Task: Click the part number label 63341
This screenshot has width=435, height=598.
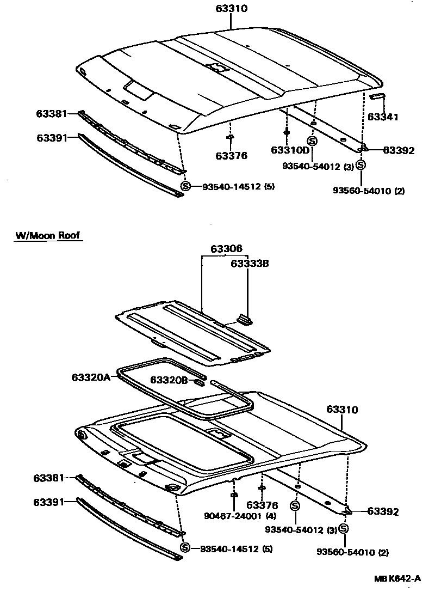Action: [383, 117]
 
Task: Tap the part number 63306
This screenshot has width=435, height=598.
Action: [226, 249]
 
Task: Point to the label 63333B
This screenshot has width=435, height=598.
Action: [250, 264]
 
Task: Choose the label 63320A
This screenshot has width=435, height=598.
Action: [91, 377]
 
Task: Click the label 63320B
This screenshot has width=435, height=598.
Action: [169, 380]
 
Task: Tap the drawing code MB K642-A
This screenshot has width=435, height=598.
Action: [397, 579]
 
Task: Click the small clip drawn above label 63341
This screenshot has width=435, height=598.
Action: [377, 96]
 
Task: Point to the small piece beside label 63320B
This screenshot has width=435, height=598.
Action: [199, 382]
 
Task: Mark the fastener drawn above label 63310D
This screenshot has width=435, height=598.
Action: [286, 132]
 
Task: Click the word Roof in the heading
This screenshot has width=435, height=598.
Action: [69, 235]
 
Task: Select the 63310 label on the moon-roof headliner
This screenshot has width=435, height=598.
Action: [343, 410]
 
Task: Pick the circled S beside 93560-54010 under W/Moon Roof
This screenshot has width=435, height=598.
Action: [344, 528]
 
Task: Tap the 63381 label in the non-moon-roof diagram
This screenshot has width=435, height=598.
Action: [52, 114]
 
